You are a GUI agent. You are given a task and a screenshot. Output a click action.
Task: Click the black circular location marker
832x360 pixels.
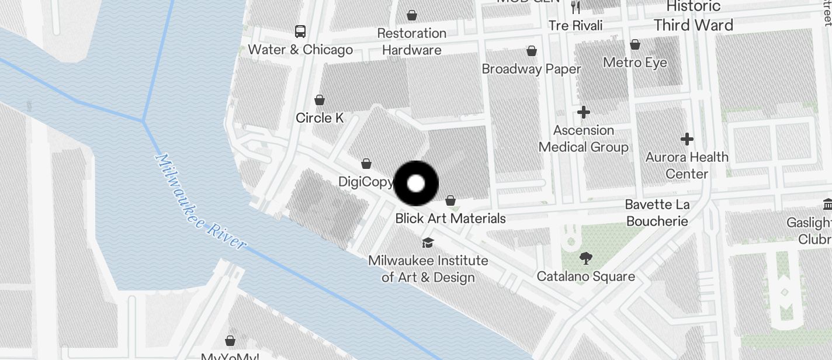coord(416,184)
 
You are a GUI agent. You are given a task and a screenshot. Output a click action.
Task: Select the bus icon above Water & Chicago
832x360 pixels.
coord(300,32)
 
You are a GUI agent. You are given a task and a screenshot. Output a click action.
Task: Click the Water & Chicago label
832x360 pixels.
coord(300,50)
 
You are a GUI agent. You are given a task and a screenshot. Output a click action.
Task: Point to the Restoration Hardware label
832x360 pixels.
coord(412,41)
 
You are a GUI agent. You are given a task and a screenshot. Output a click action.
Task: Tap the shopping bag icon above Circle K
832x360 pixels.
coord(320,100)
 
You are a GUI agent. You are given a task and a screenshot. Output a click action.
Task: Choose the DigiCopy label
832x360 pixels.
coord(366,182)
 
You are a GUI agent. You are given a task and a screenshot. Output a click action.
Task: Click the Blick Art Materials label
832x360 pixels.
coord(450,219)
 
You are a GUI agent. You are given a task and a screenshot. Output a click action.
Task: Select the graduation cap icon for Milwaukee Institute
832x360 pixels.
coord(428,243)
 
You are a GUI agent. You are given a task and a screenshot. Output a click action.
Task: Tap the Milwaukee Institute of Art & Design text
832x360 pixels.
coord(428,268)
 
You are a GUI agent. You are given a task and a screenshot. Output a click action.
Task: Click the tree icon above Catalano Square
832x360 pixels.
coord(585,258)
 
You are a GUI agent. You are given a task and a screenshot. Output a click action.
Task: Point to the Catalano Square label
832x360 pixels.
coord(585,276)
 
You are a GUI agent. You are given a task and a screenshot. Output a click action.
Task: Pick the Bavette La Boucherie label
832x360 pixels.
coord(657,213)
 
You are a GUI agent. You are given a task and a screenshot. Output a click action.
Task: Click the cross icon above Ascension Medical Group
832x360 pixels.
coord(583,112)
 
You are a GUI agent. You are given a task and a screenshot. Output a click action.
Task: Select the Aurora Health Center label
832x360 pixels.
coord(687,165)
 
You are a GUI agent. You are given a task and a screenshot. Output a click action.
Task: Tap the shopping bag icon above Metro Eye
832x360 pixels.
coord(635,44)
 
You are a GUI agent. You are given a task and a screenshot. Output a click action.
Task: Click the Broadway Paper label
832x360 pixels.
coord(531,69)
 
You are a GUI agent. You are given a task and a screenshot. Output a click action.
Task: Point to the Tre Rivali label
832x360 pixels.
coord(575,26)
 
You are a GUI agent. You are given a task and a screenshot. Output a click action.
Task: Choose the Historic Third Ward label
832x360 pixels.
coord(694,16)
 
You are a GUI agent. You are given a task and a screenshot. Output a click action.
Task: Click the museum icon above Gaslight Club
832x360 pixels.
coord(827,205)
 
